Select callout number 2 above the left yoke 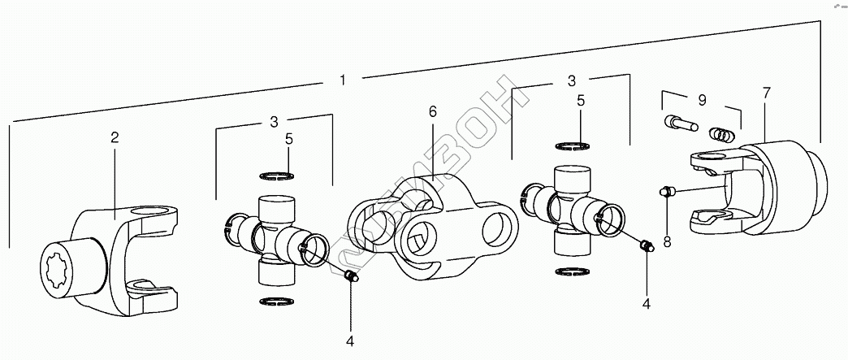(x=115, y=137)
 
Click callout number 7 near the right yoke (x=766, y=94)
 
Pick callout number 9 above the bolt (x=702, y=100)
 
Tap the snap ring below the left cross (x=275, y=302)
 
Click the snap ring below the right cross (x=573, y=271)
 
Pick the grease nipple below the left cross (x=351, y=278)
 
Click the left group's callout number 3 (x=275, y=123)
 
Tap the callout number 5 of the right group (x=582, y=102)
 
